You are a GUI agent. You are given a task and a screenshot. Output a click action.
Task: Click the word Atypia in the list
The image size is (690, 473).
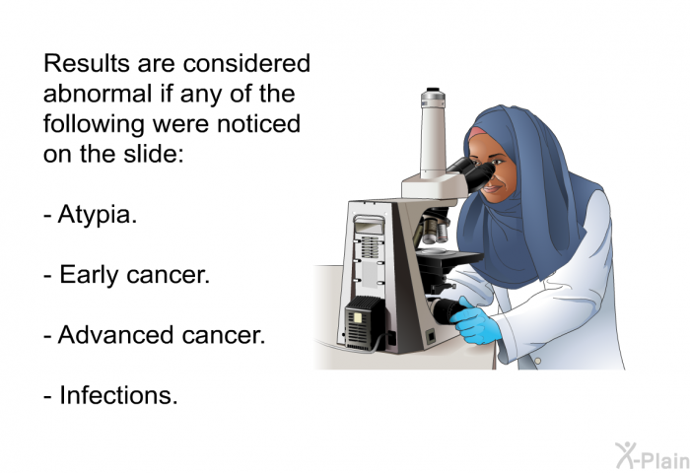click(97, 215)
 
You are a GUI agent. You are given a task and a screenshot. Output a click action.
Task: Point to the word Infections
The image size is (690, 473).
click(118, 395)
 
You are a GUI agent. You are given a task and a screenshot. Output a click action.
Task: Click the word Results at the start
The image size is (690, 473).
click(84, 65)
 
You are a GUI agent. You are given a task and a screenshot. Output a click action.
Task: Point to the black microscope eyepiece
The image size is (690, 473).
click(477, 175)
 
